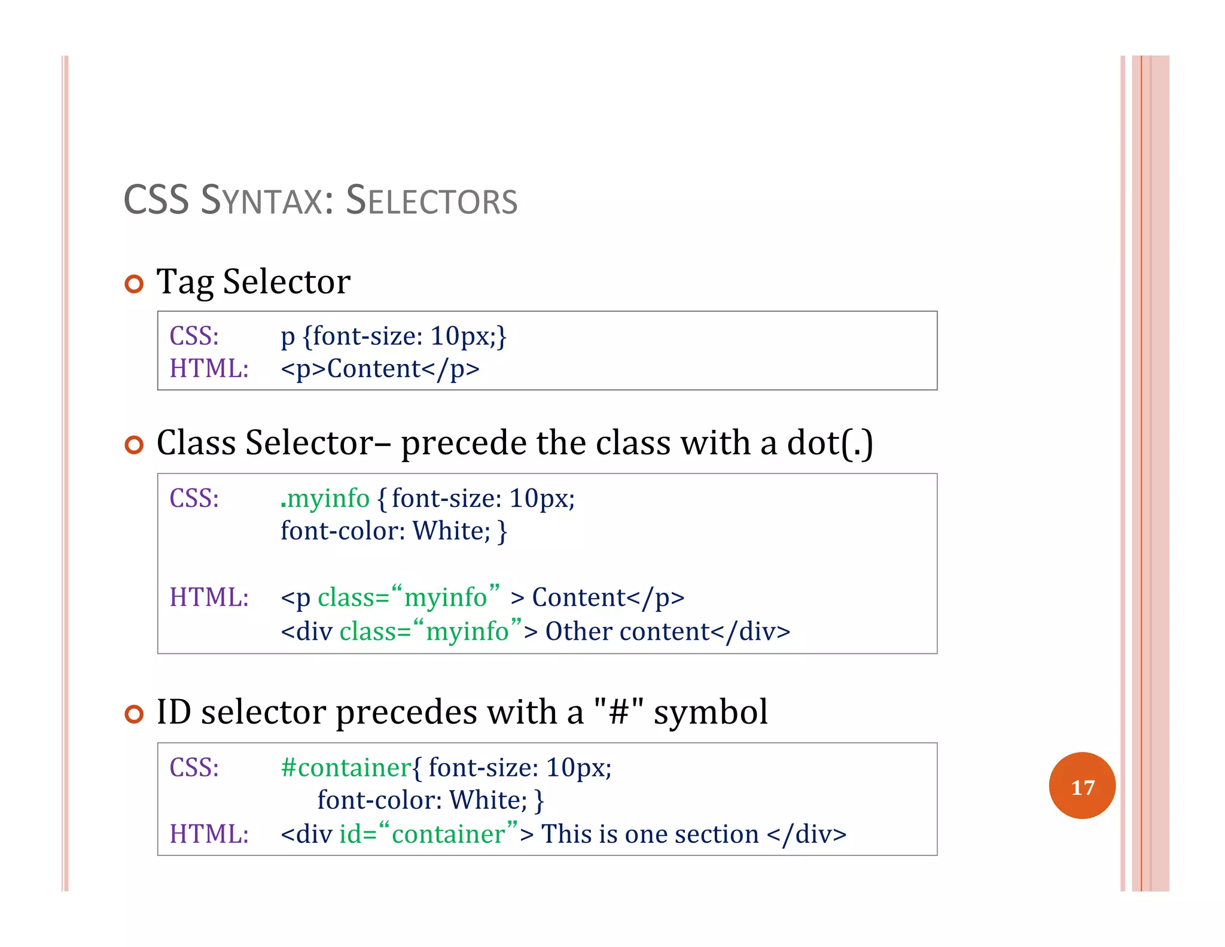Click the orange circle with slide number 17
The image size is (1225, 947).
coord(1081,785)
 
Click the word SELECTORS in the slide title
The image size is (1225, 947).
coord(431,201)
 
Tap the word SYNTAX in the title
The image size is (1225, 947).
coord(267,201)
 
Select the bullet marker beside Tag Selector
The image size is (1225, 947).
coord(135,284)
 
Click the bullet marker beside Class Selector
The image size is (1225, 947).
coord(135,445)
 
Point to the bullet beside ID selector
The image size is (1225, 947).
coord(135,714)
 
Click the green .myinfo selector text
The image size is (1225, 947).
coord(325,499)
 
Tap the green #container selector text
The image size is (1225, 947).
coord(346,768)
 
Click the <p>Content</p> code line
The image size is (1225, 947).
coord(380,369)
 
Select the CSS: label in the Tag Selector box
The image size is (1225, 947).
coord(194,336)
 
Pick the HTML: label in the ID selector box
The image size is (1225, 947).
coord(209,834)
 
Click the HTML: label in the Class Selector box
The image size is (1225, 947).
coord(209,597)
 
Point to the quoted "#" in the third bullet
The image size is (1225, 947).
coord(618,712)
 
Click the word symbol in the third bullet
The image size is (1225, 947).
coord(711,713)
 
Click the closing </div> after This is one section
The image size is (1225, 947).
coord(806,834)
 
